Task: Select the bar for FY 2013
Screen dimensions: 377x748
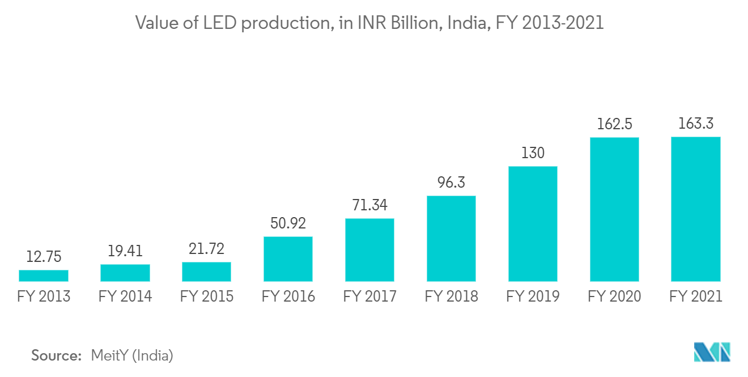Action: [x=43, y=276]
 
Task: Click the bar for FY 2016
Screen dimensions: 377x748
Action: [x=288, y=259]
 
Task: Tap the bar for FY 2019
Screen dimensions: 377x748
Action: [x=533, y=224]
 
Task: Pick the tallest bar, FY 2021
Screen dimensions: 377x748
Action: [x=695, y=209]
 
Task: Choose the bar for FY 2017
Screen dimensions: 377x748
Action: [x=369, y=250]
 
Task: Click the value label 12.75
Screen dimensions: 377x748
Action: [x=43, y=257]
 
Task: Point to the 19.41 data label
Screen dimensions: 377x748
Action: [x=125, y=251]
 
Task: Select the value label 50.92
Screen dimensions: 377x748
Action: [x=288, y=223]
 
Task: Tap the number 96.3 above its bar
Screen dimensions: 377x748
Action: [x=451, y=183]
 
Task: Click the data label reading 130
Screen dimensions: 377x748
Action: [x=533, y=153]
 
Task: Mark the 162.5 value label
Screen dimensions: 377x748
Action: [x=614, y=124]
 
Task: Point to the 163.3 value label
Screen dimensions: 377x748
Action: [x=695, y=124]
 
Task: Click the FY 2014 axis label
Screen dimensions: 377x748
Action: [x=125, y=296]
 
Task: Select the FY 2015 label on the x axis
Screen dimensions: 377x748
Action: [x=206, y=296]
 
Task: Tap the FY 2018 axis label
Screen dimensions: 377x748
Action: [x=451, y=296]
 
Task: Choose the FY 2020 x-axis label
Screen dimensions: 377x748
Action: [x=614, y=296]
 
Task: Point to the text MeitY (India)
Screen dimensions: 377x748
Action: [x=132, y=355]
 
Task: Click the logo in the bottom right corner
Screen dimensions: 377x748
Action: [x=712, y=352]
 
